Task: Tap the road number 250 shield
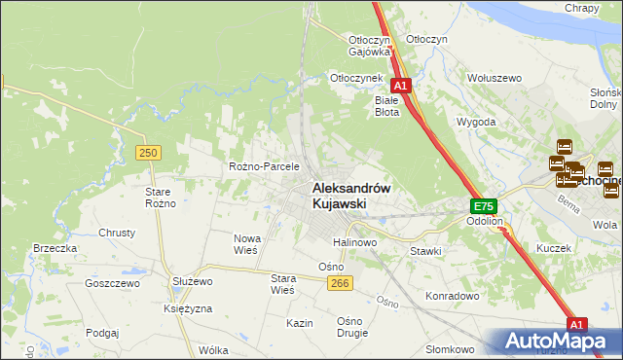pos(148,153)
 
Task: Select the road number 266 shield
pos(339,282)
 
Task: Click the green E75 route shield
pos(484,206)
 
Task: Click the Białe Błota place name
pos(387,105)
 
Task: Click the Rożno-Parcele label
pos(264,166)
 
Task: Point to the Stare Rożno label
pos(159,198)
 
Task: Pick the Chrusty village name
pos(117,233)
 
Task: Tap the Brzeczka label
pos(55,248)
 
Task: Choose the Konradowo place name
pos(453,295)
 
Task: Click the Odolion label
pos(484,221)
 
